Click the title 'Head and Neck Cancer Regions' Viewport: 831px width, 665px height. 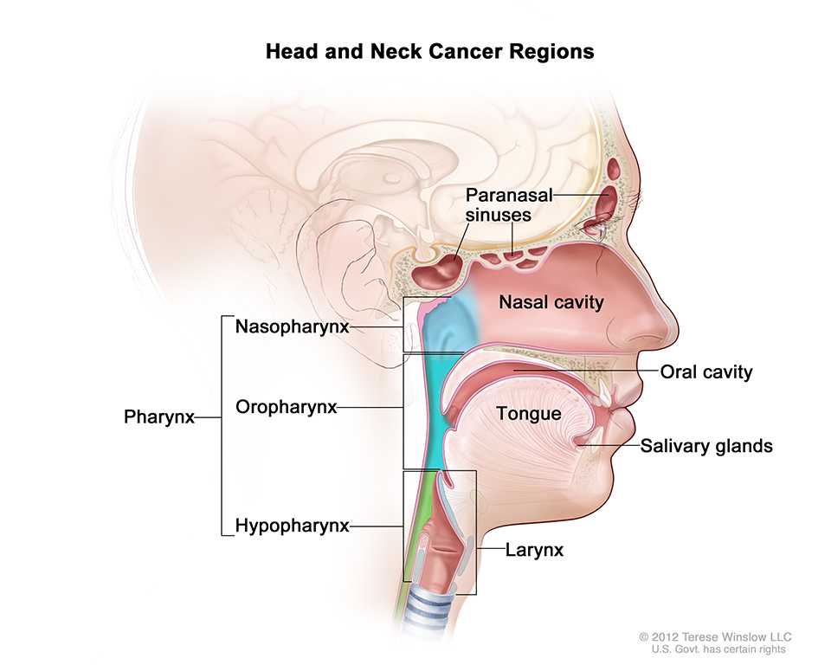pyautogui.click(x=429, y=52)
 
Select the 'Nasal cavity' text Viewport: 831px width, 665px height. pyautogui.click(x=551, y=302)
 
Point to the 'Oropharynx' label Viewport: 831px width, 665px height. pyautogui.click(x=286, y=407)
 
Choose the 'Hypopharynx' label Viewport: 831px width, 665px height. pyautogui.click(x=292, y=526)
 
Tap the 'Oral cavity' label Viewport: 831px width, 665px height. pyautogui.click(x=705, y=372)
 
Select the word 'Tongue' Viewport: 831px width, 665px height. pyautogui.click(x=528, y=414)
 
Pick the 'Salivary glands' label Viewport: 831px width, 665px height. pyautogui.click(x=705, y=447)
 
